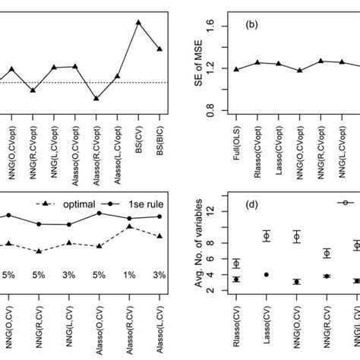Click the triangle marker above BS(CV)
pos(138,22)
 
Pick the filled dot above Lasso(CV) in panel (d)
pos(267,275)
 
